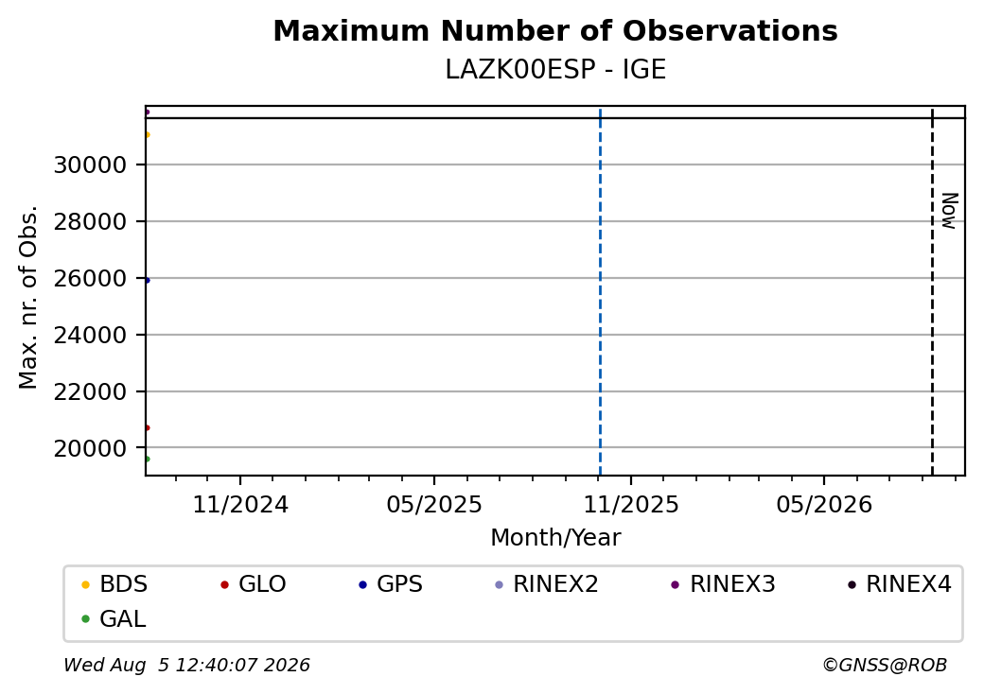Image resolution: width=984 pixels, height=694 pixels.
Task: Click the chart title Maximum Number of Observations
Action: tap(555, 30)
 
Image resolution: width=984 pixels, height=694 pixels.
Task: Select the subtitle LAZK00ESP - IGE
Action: tap(555, 70)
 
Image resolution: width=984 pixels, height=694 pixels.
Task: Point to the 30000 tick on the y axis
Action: tap(91, 165)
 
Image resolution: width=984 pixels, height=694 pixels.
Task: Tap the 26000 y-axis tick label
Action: tap(91, 278)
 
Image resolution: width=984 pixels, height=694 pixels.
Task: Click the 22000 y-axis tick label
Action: tap(91, 391)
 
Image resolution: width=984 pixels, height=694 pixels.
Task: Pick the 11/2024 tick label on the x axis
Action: tap(240, 505)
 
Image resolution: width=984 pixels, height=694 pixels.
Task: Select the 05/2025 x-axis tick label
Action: tap(434, 505)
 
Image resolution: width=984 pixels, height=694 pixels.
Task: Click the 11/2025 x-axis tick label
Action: tap(631, 505)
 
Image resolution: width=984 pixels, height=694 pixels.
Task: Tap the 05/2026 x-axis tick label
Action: tap(824, 505)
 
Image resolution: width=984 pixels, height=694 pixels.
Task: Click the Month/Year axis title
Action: tap(555, 538)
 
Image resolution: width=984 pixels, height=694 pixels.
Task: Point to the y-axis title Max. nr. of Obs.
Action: tap(28, 297)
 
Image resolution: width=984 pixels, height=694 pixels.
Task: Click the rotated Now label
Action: tap(949, 211)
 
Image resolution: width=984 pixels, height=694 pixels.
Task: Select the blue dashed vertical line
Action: tap(601, 291)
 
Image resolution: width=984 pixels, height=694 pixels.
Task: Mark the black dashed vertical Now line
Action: tap(933, 291)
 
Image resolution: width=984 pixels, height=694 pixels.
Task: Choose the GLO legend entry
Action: tap(254, 584)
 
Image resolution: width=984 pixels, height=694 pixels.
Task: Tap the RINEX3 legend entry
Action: tap(723, 584)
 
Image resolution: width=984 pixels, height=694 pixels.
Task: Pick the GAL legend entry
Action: tap(114, 618)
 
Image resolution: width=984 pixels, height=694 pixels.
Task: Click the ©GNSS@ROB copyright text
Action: tap(885, 665)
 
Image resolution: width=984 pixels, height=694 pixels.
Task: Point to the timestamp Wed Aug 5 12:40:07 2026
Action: tap(187, 665)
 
